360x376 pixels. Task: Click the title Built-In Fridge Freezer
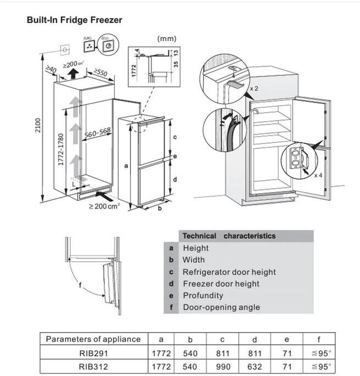(x=74, y=20)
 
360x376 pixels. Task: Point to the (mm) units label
(x=167, y=38)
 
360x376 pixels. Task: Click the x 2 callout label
(x=254, y=88)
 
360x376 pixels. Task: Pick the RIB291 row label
(x=93, y=353)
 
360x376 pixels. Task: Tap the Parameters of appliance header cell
(x=93, y=339)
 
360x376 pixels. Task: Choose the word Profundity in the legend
(x=203, y=295)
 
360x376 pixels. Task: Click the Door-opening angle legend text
(x=221, y=307)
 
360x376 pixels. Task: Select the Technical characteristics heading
(x=229, y=235)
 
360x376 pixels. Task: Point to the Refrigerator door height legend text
(x=229, y=272)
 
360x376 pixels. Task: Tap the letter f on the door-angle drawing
(x=80, y=285)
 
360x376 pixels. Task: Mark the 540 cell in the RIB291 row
(x=193, y=353)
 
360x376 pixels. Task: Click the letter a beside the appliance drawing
(x=127, y=164)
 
